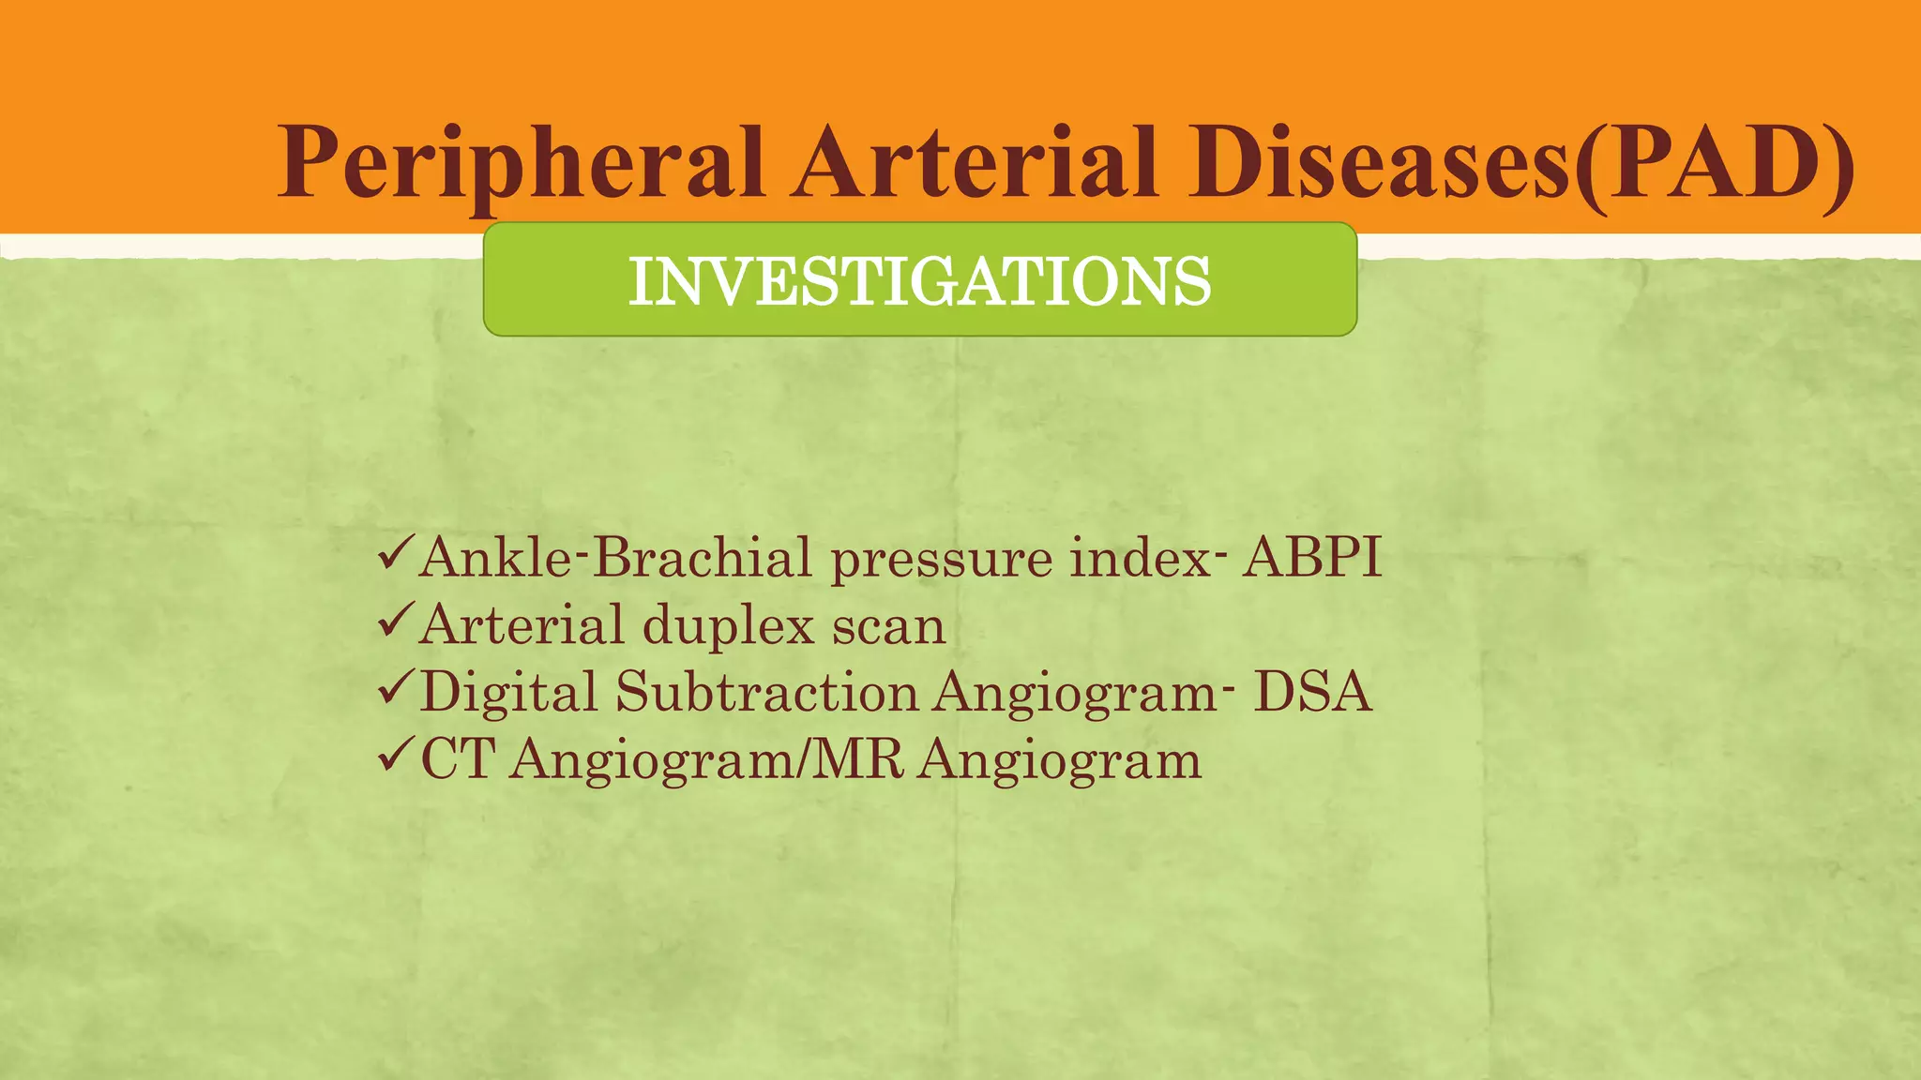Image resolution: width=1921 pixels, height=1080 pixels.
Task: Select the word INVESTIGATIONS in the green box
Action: point(919,281)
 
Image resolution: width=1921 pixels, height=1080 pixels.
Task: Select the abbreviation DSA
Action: point(1312,693)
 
